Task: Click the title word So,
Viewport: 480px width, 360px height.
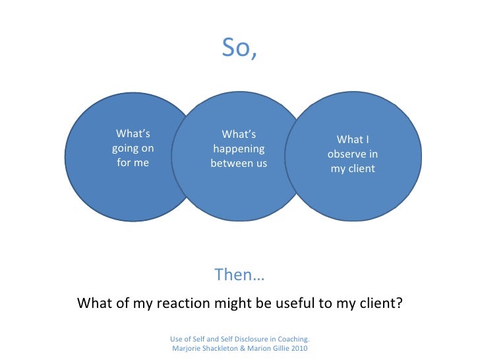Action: [x=239, y=47]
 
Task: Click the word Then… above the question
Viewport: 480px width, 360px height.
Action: [x=239, y=275]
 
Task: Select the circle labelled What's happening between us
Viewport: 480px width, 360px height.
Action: [x=239, y=191]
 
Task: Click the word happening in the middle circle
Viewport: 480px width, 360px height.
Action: [x=239, y=149]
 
